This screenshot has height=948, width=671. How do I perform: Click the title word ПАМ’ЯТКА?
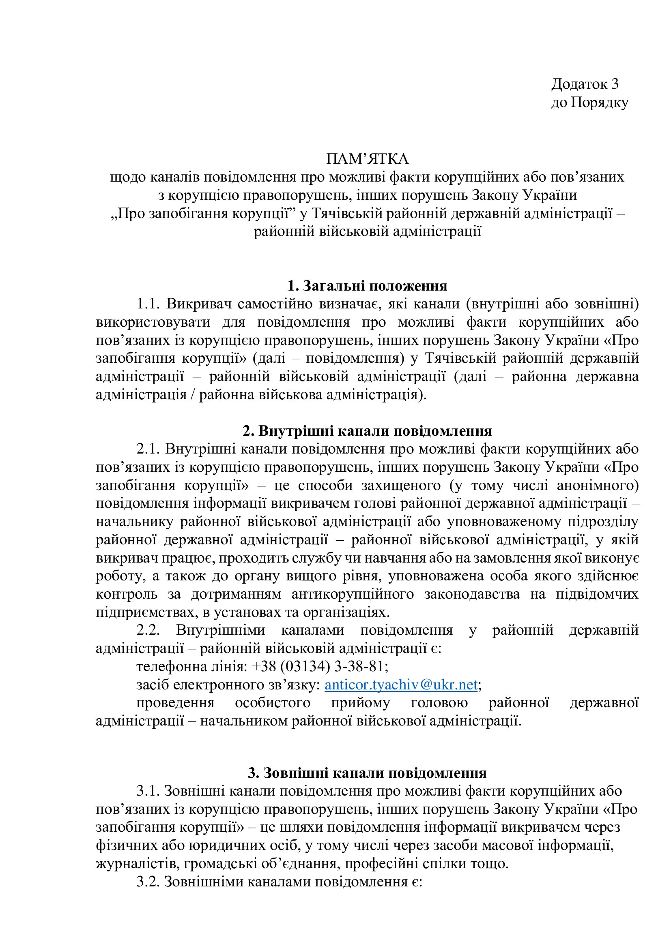point(367,159)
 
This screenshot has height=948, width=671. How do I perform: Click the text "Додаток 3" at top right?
point(585,84)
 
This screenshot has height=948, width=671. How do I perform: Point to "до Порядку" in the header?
point(589,103)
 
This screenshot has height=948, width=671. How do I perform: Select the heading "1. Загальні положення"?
point(367,286)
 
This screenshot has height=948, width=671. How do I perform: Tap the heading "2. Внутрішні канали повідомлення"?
point(367,431)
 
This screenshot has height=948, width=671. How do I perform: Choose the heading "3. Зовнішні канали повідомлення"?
point(367,773)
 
